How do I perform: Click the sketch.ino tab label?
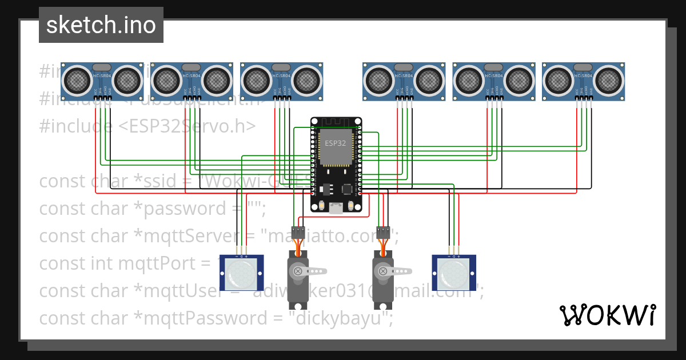[x=101, y=25]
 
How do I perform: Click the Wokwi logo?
[x=607, y=315]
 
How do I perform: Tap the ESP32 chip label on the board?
[x=335, y=143]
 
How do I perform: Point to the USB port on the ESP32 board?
[x=336, y=209]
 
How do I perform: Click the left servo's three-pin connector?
[x=298, y=233]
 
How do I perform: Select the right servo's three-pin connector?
[x=382, y=233]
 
